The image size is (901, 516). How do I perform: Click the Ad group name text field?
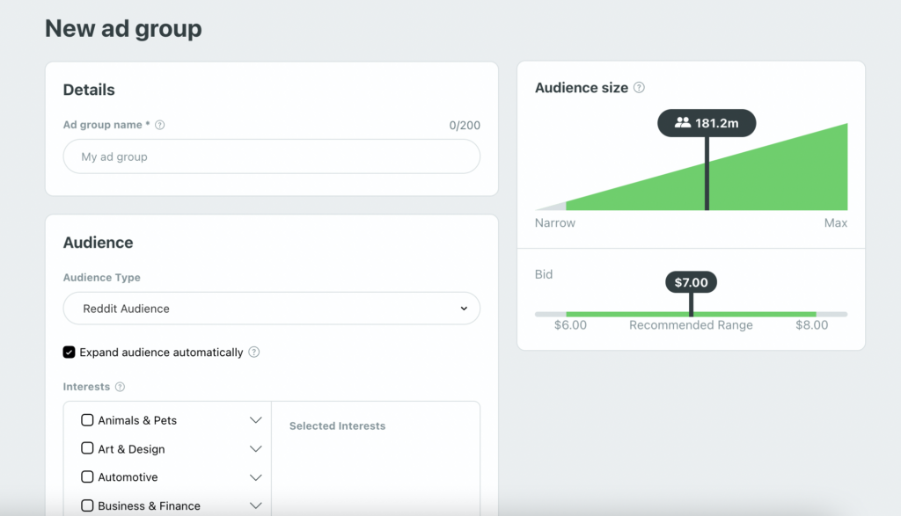pos(271,156)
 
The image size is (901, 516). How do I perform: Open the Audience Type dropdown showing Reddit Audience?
pos(271,309)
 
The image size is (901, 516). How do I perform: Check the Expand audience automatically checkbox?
pos(70,352)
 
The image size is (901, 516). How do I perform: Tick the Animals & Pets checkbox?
pos(87,420)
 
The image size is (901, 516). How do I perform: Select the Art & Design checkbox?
pos(87,448)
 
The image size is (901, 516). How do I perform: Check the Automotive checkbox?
pos(87,477)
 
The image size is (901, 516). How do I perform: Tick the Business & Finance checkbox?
pos(87,505)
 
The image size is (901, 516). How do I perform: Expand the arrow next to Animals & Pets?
pos(256,420)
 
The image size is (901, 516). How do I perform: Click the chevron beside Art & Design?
pos(256,449)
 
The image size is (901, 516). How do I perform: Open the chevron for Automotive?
pos(256,477)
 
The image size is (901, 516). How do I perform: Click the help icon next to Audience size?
pos(640,88)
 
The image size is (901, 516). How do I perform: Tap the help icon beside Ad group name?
pos(159,125)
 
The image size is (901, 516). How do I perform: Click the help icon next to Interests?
pos(120,387)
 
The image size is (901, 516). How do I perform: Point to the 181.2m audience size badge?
pos(707,123)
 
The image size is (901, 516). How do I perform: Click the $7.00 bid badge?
pos(691,282)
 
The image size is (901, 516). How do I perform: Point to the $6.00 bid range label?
pos(570,325)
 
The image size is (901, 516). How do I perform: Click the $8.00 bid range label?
pos(811,325)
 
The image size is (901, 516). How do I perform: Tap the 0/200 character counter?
pos(465,126)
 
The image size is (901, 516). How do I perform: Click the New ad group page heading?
pos(123,29)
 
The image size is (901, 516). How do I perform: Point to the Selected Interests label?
pos(337,426)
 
